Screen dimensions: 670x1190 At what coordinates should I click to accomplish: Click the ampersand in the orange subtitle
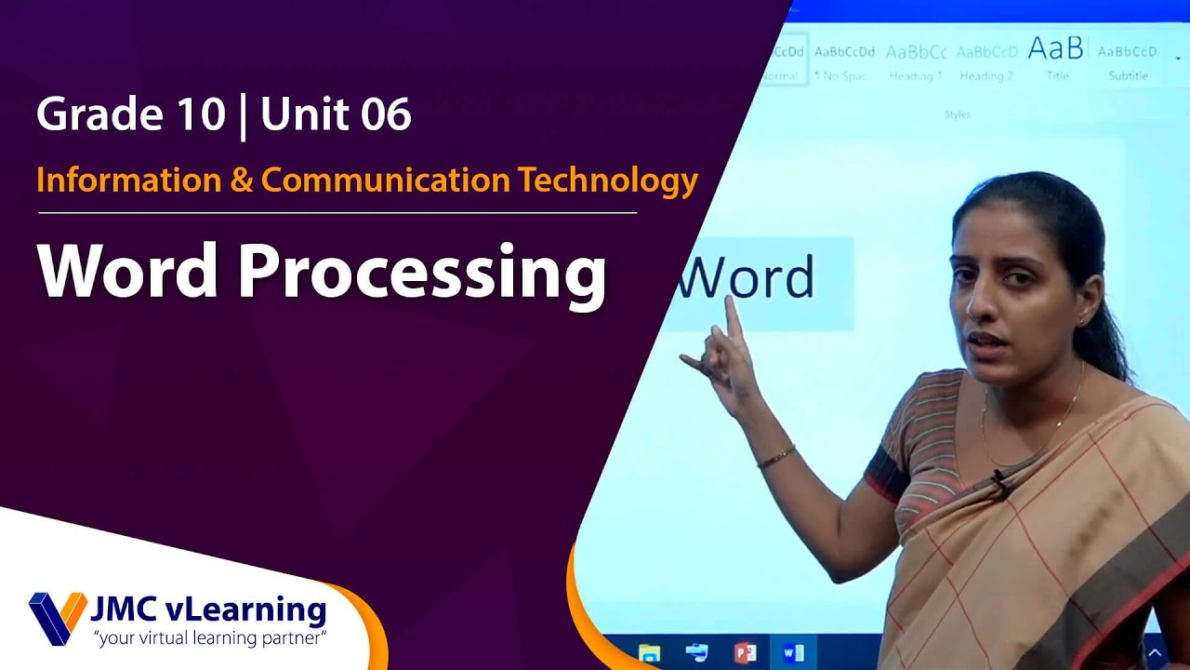coord(241,180)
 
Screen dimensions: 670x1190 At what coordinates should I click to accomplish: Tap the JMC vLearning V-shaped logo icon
coord(57,618)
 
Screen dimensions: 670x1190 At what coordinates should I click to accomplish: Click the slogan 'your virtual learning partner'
coord(208,638)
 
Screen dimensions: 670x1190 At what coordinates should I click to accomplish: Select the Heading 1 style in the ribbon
coord(916,61)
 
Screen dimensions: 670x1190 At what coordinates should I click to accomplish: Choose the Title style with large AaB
coord(1056,58)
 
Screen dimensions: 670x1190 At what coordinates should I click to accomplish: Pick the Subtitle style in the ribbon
coord(1128,61)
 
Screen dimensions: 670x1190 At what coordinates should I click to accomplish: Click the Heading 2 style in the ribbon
coord(986,61)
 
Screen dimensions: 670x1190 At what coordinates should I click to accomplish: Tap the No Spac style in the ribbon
coord(842,61)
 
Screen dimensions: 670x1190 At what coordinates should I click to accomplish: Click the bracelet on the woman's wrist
coord(775,457)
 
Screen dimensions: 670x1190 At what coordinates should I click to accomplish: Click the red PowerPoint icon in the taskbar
coord(745,652)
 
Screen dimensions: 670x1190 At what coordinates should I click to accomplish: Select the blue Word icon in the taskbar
coord(793,652)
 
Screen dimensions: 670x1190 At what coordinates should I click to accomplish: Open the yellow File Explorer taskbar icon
coord(650,652)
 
